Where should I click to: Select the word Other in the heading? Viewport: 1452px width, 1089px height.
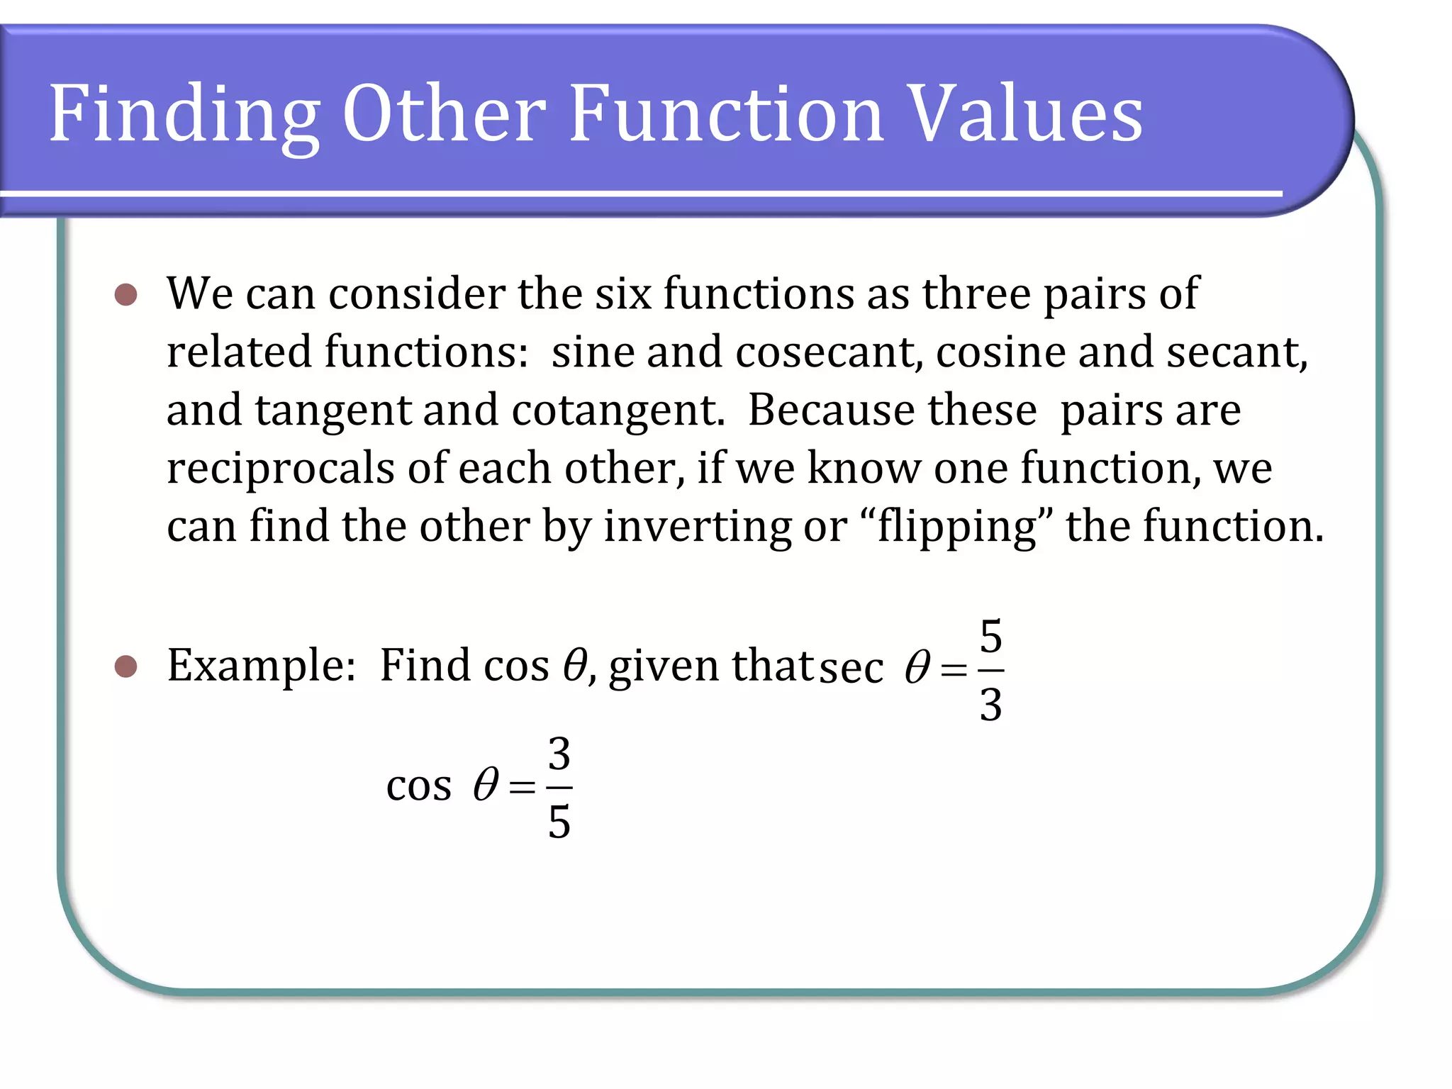tap(444, 113)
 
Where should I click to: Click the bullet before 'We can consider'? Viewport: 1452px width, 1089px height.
tap(125, 294)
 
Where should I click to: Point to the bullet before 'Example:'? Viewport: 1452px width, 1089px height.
tap(125, 666)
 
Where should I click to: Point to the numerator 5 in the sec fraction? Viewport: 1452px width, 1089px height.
tap(990, 636)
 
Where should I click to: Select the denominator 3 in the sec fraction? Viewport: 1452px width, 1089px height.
tap(990, 705)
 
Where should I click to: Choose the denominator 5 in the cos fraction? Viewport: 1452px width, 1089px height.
tap(559, 822)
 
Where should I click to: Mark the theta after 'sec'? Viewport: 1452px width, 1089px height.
tap(917, 668)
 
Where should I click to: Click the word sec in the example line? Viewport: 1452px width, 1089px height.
tap(851, 668)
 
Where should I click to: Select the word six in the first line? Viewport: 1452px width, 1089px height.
tap(622, 294)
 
